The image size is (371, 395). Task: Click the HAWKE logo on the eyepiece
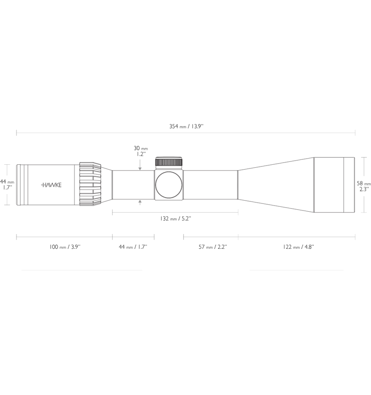pyautogui.click(x=51, y=185)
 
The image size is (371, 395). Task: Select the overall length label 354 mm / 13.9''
pyautogui.click(x=186, y=126)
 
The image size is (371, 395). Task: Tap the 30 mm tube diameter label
pyautogui.click(x=141, y=151)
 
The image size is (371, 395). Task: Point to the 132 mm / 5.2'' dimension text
pyautogui.click(x=176, y=218)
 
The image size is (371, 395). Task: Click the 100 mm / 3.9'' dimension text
pyautogui.click(x=65, y=247)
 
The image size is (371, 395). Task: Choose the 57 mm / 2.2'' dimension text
pyautogui.click(x=213, y=247)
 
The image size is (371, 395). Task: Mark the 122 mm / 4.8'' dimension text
pyautogui.click(x=298, y=247)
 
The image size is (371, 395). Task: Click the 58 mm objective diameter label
pyautogui.click(x=364, y=186)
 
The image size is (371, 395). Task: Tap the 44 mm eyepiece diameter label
pyautogui.click(x=7, y=185)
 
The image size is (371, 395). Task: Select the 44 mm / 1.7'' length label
pyautogui.click(x=133, y=247)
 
